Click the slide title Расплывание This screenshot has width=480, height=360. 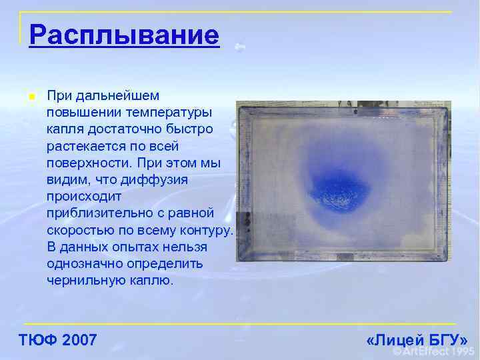(x=124, y=35)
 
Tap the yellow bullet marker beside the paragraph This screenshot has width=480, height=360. (x=31, y=97)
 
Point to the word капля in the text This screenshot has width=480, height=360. (x=65, y=129)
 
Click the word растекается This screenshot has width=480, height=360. (x=83, y=146)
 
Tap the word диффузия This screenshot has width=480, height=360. (x=158, y=180)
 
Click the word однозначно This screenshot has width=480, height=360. (x=85, y=264)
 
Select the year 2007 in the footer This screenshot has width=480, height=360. (x=79, y=341)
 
